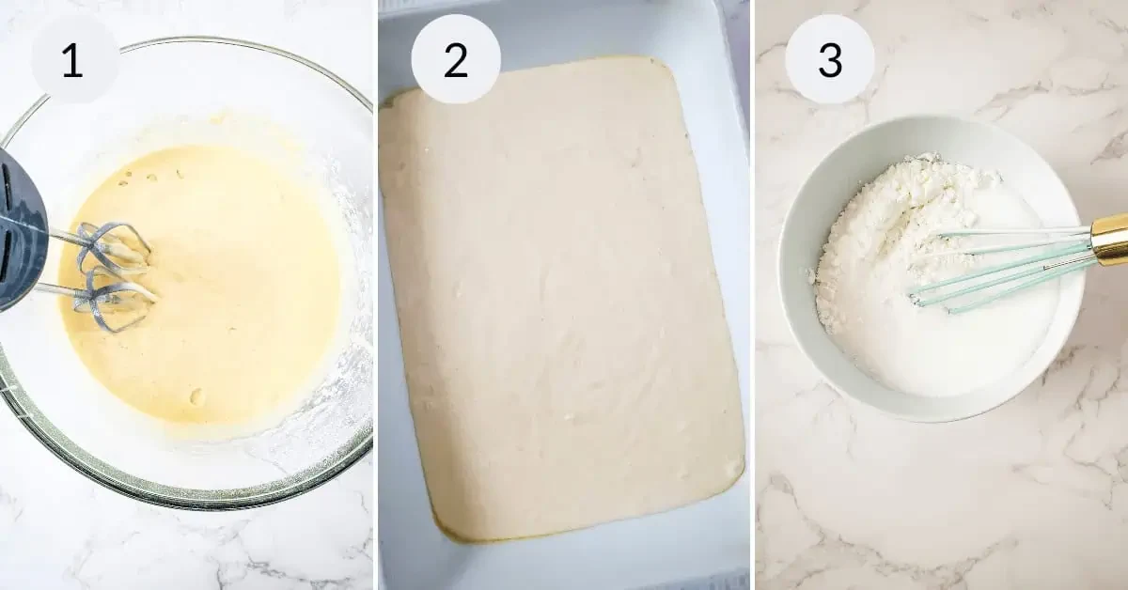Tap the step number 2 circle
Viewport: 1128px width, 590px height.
click(x=456, y=61)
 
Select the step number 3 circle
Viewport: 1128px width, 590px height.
click(x=830, y=61)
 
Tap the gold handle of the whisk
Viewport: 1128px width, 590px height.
click(x=1109, y=240)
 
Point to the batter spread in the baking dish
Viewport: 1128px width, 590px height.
click(x=564, y=301)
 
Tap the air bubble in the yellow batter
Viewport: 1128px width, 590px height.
click(x=196, y=396)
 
